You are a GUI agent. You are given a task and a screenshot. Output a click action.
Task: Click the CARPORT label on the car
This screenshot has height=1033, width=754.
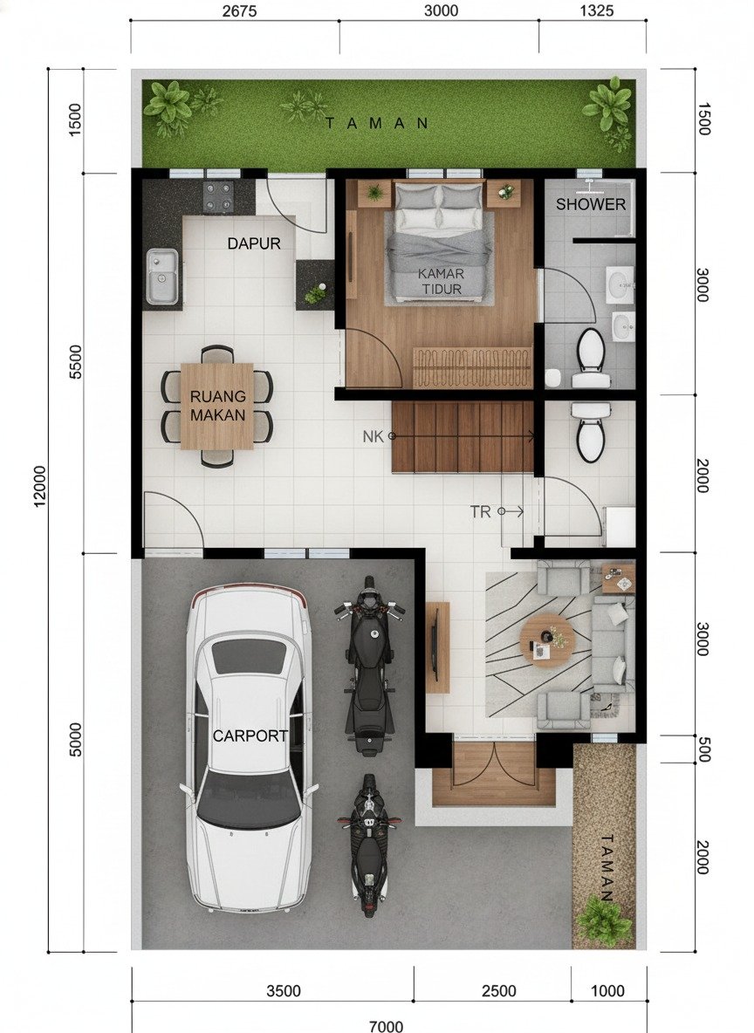250,735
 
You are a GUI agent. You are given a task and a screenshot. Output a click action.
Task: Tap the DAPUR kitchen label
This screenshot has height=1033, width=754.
254,243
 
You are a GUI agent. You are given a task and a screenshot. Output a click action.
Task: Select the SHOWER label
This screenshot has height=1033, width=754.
591,204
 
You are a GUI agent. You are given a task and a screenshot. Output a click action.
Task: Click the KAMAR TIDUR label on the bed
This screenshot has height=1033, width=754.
442,281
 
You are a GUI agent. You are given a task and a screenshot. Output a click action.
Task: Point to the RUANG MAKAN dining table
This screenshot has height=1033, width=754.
216,406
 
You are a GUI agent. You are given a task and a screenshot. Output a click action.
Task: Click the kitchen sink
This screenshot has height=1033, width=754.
162,276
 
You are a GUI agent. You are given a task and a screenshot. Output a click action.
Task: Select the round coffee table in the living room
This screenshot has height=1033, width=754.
547,640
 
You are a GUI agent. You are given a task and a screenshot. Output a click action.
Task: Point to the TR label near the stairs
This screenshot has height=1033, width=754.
481,512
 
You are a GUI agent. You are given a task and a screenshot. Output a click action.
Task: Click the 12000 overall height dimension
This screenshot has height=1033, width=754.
40,487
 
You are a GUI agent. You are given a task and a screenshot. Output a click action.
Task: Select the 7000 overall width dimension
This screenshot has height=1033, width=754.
386,1025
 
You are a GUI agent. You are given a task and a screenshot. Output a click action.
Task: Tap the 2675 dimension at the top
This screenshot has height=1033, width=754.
239,10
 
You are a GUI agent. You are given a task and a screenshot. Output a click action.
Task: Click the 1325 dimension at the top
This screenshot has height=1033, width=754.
596,10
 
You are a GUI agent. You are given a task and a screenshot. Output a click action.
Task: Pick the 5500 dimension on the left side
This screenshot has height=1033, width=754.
76,362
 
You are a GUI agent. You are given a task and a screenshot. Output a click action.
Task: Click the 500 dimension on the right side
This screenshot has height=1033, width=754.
703,749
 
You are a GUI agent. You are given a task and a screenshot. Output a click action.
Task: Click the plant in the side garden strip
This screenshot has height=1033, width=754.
602,920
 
